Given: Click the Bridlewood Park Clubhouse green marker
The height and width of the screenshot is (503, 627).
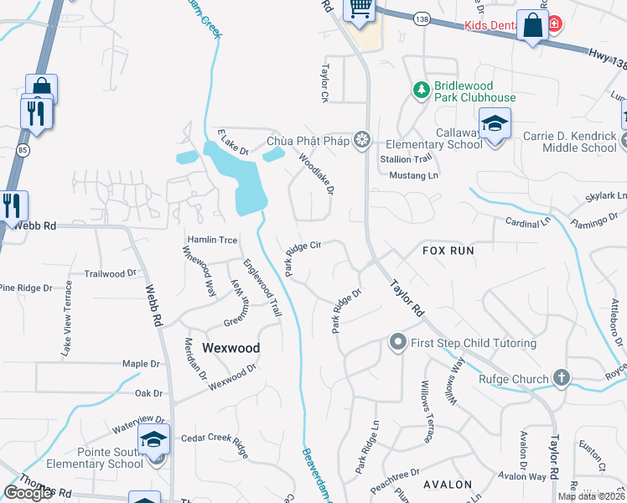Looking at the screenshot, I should tap(422, 88).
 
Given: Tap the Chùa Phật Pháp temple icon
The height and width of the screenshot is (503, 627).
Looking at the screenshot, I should tap(361, 140).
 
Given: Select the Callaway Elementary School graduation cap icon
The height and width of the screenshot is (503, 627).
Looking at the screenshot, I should tap(495, 125).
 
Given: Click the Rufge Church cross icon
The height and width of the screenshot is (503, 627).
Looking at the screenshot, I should tap(561, 379).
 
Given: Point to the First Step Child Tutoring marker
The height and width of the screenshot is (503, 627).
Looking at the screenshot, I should tap(397, 342).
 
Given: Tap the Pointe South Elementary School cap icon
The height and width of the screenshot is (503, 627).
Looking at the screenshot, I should tap(154, 440).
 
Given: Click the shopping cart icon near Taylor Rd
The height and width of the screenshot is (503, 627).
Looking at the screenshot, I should tap(360, 9).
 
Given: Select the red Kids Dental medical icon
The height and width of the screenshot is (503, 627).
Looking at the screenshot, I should tap(554, 26).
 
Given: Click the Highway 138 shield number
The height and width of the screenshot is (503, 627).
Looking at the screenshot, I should tap(421, 18).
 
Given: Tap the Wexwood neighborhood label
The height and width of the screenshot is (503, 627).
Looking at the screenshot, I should tap(231, 347).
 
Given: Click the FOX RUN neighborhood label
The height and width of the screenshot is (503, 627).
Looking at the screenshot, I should tap(448, 251).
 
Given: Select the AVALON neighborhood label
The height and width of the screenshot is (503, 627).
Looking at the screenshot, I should tap(447, 485).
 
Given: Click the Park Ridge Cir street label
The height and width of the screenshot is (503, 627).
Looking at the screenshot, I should tap(303, 257).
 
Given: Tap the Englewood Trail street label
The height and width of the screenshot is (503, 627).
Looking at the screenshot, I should tap(262, 287).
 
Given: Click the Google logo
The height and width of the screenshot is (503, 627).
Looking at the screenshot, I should tap(28, 493).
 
